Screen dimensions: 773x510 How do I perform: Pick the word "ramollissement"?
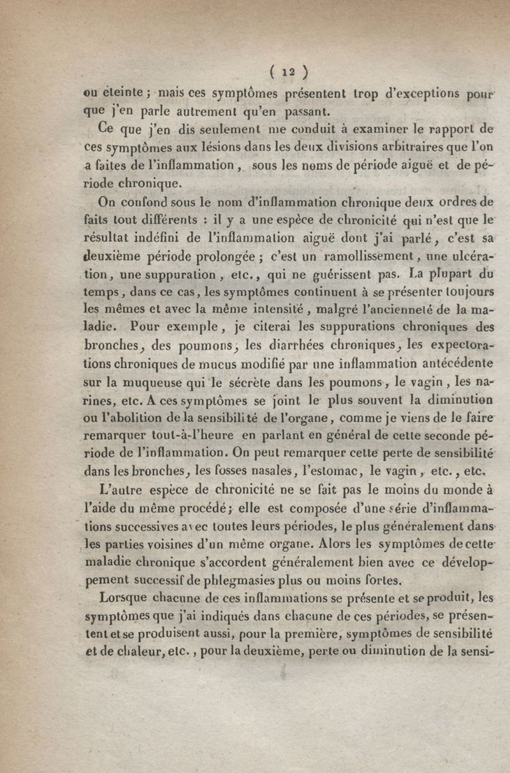coord(326,259)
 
